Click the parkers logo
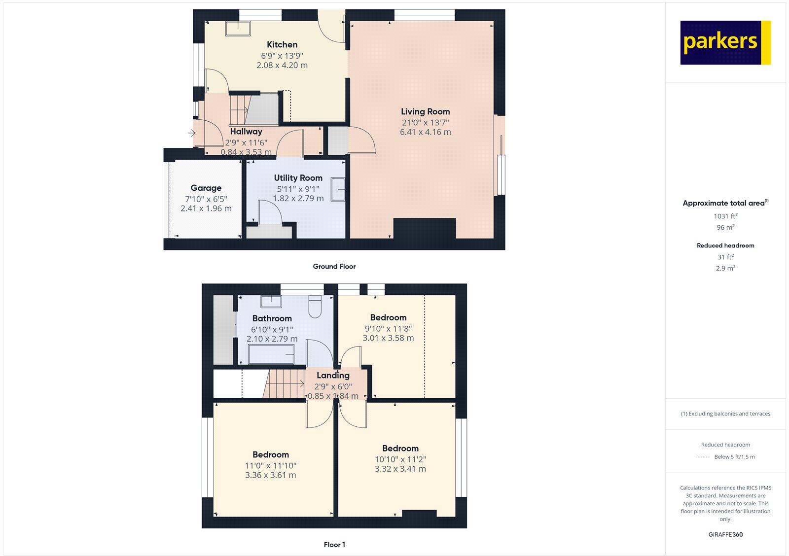pyautogui.click(x=725, y=42)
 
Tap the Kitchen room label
pyautogui.click(x=282, y=45)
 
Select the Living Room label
pyautogui.click(x=425, y=112)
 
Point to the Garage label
pyautogui.click(x=206, y=188)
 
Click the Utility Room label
pyautogui.click(x=298, y=178)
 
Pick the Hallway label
pyautogui.click(x=246, y=132)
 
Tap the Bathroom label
pyautogui.click(x=272, y=318)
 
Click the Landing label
pyautogui.click(x=333, y=376)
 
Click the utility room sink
pyautogui.click(x=338, y=189)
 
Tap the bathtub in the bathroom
pyautogui.click(x=272, y=354)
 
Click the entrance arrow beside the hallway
pyautogui.click(x=191, y=133)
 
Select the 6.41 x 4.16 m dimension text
pyautogui.click(x=425, y=132)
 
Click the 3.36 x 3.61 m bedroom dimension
pyautogui.click(x=270, y=475)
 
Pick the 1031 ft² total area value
pyautogui.click(x=725, y=216)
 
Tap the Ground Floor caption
pyautogui.click(x=334, y=266)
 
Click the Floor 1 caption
pyautogui.click(x=334, y=545)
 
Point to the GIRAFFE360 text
pyautogui.click(x=725, y=534)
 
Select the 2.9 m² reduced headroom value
pyautogui.click(x=725, y=268)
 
